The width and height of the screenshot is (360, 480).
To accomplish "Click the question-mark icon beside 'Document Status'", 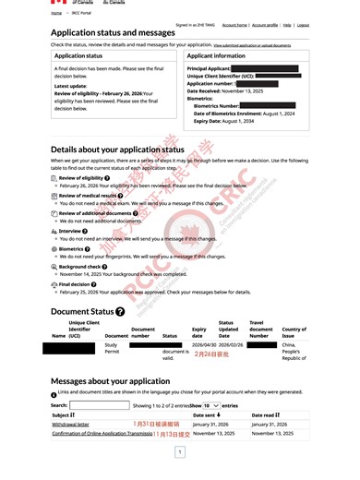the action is coord(120,312).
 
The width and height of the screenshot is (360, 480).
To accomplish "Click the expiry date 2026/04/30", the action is coord(204,344).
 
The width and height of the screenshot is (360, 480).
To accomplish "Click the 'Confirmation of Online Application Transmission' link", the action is coord(102,433).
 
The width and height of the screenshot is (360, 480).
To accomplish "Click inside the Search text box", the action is coord(99,405).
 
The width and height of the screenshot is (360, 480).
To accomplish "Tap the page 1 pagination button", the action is coord(179,454).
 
